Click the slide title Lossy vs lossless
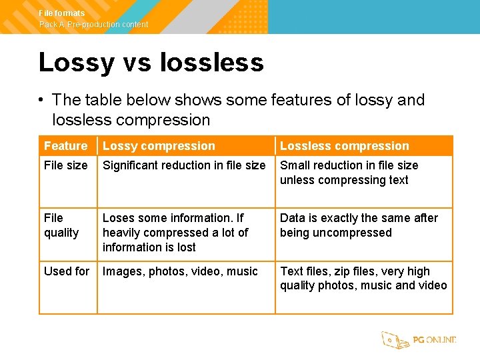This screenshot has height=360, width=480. (x=151, y=63)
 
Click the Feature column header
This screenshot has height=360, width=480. (x=66, y=146)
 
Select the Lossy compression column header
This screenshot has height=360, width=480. (x=159, y=146)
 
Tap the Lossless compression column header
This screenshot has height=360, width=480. (x=344, y=146)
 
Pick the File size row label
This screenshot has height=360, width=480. (x=66, y=165)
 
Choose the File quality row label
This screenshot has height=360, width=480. (x=61, y=225)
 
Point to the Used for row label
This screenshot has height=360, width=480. (x=67, y=271)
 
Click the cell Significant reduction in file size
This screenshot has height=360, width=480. (x=184, y=165)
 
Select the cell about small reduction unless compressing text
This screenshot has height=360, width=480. (x=349, y=173)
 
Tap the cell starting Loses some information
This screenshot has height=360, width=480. (x=175, y=232)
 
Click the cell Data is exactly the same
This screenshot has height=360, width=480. (x=359, y=225)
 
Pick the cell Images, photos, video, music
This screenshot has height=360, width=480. (x=180, y=271)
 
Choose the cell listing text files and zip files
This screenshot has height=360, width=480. (x=363, y=279)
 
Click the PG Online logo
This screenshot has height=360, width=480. (x=419, y=340)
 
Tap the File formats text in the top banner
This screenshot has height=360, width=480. (x=62, y=13)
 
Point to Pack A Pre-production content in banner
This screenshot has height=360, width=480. (x=94, y=25)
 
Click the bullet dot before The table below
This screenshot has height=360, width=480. (x=41, y=101)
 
